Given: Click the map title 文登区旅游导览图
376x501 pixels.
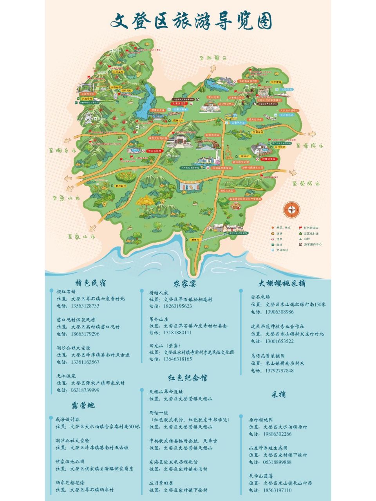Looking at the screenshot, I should click(191, 20).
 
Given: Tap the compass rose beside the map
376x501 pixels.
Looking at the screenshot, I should click(292, 210).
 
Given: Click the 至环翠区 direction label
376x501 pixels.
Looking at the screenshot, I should click(213, 58).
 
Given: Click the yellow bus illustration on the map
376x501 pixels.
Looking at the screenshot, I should click(231, 116).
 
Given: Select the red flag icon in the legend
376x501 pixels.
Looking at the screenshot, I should click(300, 228).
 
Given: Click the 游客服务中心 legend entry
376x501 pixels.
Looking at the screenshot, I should click(313, 244).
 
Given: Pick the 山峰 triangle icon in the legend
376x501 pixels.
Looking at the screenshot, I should click(300, 239).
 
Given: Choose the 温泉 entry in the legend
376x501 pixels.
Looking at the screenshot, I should click(279, 239).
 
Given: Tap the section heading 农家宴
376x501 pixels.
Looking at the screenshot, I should click(185, 283).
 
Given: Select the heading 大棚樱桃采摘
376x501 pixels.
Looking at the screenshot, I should click(282, 283).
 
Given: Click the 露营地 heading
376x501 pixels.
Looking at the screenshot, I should click(83, 405).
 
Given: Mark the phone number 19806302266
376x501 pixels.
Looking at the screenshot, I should click(277, 434).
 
